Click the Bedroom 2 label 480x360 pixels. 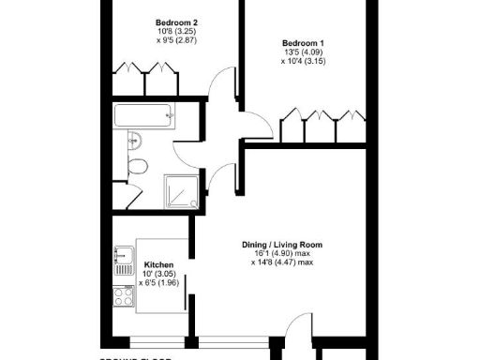(175, 21)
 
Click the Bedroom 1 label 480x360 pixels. (303, 42)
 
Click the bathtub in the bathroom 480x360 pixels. (143, 116)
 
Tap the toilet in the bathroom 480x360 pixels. (137, 169)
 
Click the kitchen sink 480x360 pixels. (122, 256)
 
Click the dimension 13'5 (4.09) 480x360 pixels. (303, 52)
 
